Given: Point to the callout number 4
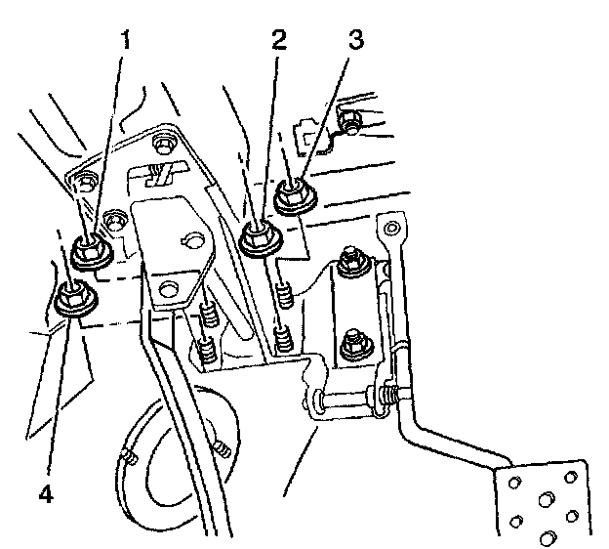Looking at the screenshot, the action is tap(42, 493).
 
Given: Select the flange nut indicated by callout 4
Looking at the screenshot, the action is tap(72, 298).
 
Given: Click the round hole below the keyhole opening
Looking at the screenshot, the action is tap(171, 288).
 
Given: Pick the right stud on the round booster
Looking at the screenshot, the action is tap(222, 448).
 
